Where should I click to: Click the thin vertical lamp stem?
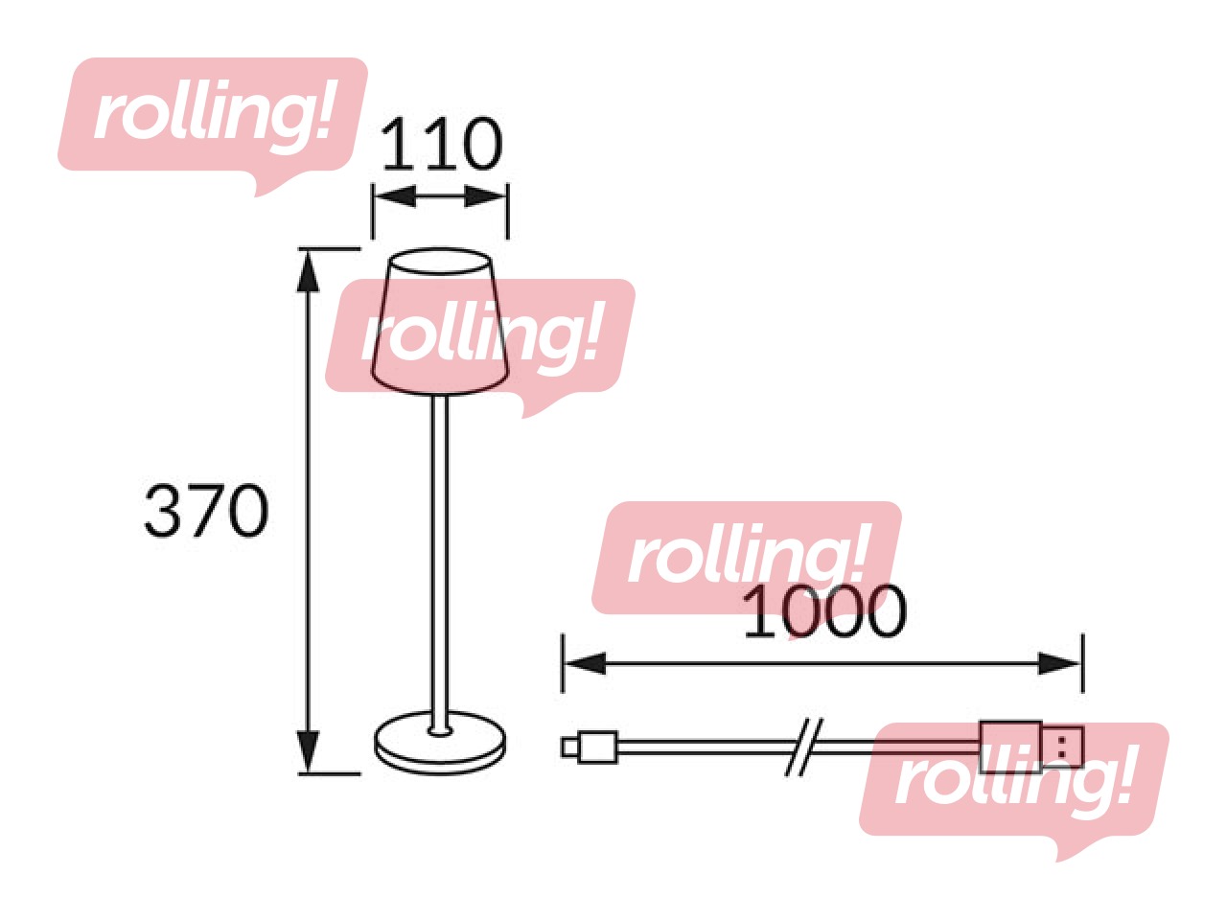(440, 556)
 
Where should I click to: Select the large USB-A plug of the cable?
(1030, 746)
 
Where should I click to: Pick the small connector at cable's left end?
(590, 746)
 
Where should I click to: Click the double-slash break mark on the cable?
(803, 746)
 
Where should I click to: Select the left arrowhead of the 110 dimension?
(393, 197)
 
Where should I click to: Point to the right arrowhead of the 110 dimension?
(486, 197)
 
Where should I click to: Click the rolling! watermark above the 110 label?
(212, 115)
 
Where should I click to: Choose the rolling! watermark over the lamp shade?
(479, 335)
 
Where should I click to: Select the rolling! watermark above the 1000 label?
(746, 556)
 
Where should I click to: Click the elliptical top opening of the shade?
(440, 261)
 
